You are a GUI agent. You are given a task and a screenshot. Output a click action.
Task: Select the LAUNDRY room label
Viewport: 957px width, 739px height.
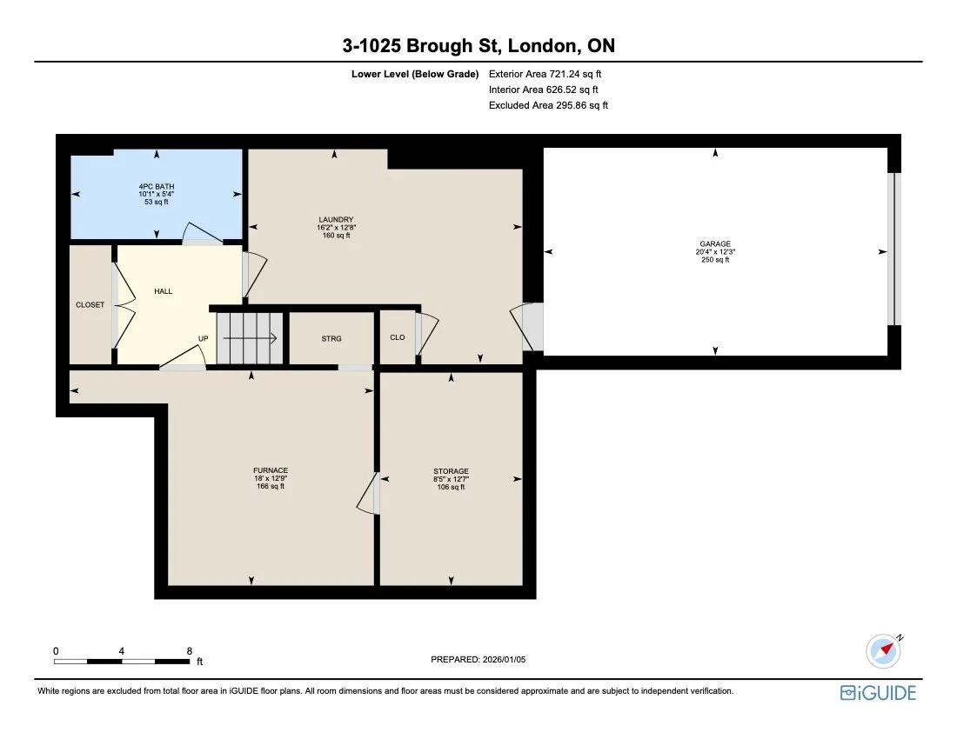pyautogui.click(x=335, y=219)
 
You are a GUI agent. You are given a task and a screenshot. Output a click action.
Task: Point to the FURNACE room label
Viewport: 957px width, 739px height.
pyautogui.click(x=270, y=470)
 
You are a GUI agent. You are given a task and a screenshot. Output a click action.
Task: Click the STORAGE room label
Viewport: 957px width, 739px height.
pyautogui.click(x=451, y=471)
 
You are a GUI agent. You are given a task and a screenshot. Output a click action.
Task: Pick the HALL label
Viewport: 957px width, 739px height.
pyautogui.click(x=163, y=291)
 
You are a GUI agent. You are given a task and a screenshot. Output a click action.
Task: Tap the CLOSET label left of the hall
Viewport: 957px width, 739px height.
pyautogui.click(x=90, y=305)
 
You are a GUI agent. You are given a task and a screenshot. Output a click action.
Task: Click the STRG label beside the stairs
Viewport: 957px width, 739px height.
pyautogui.click(x=331, y=339)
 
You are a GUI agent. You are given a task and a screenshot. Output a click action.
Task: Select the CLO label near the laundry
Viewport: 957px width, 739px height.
pyautogui.click(x=397, y=339)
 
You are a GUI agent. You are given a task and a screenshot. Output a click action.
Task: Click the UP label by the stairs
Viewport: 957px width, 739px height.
pyautogui.click(x=203, y=339)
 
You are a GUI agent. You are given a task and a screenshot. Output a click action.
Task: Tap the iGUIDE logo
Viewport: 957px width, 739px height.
pyautogui.click(x=878, y=693)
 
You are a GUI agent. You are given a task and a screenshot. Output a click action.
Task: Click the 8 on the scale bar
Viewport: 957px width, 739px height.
pyautogui.click(x=189, y=650)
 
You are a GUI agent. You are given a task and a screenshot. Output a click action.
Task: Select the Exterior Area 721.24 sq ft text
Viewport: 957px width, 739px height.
pyautogui.click(x=545, y=74)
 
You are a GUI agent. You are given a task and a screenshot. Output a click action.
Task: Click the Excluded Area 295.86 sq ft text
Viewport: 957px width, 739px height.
pyautogui.click(x=548, y=105)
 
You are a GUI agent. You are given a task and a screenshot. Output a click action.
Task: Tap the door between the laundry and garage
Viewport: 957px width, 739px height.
pyautogui.click(x=530, y=327)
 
